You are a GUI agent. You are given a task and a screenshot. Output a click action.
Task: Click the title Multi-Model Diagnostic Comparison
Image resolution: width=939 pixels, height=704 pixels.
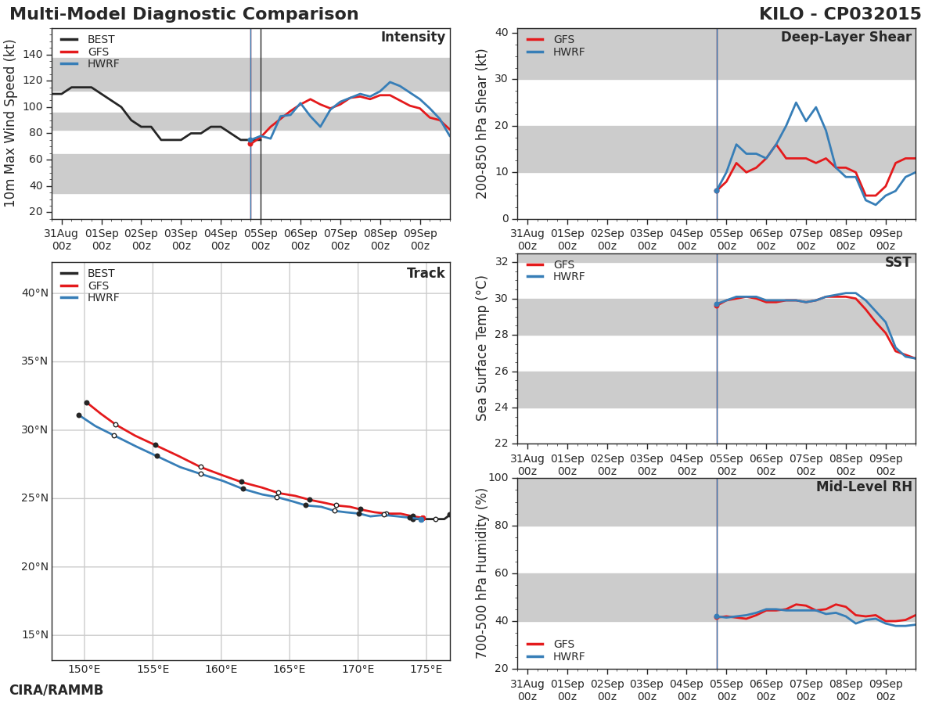click(x=184, y=15)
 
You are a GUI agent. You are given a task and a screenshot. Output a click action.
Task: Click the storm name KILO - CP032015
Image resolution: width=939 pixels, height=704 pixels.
click(x=840, y=15)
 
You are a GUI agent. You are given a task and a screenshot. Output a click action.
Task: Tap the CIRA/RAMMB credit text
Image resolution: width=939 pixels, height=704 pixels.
click(x=56, y=691)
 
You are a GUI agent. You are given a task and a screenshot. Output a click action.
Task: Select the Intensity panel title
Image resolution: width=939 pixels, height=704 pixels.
click(x=412, y=38)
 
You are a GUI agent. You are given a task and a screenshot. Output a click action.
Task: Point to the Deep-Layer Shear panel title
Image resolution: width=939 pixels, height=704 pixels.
click(x=846, y=38)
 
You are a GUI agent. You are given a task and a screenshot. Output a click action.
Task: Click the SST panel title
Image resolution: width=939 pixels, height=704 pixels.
click(x=898, y=263)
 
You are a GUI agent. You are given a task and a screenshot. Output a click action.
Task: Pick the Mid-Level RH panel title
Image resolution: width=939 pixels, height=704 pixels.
click(x=864, y=487)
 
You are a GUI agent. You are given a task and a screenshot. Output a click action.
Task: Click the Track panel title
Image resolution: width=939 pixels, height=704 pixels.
click(x=426, y=274)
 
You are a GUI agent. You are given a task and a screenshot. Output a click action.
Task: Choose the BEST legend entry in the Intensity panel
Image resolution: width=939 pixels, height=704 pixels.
click(x=101, y=40)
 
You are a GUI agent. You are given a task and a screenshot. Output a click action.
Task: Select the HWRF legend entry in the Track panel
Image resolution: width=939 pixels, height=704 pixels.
click(x=103, y=298)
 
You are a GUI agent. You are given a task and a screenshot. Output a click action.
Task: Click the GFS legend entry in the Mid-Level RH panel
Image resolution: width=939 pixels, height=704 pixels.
click(x=563, y=645)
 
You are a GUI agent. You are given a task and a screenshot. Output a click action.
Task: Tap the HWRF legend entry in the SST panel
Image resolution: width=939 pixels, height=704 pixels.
click(x=568, y=277)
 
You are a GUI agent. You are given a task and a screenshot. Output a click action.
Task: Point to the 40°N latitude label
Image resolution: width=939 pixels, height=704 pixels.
click(x=34, y=293)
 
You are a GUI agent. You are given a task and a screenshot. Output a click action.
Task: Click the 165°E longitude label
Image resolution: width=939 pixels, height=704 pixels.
click(x=290, y=670)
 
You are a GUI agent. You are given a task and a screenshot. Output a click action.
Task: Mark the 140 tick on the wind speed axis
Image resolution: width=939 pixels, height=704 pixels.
click(x=33, y=54)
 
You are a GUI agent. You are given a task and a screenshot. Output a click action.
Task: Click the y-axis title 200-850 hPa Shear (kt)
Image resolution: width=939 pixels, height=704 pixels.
click(x=482, y=124)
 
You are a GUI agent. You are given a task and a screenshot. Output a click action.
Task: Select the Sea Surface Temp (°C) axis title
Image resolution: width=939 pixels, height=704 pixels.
click(x=482, y=348)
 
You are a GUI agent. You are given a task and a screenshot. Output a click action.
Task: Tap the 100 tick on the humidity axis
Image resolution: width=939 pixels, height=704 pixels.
click(x=498, y=478)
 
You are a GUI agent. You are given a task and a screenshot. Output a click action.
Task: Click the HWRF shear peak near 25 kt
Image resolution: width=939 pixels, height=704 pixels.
click(x=796, y=102)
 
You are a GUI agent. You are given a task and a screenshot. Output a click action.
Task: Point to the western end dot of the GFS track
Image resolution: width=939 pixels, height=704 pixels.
click(x=86, y=403)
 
